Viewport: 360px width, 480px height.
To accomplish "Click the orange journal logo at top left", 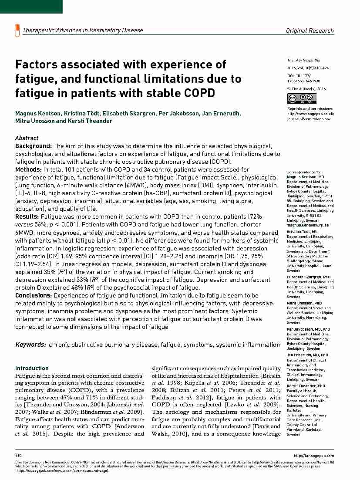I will pyautogui.click(x=17, y=30).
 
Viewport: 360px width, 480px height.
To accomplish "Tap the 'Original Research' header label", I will pyautogui.click(x=310, y=30).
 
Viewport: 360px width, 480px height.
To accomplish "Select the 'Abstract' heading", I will pyautogui.click(x=27, y=138).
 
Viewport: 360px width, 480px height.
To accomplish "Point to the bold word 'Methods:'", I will pyautogui.click(x=28, y=169).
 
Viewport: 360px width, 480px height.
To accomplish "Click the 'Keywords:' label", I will pyautogui.click(x=30, y=345).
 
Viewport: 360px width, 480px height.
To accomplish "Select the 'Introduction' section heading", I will pyautogui.click(x=32, y=368).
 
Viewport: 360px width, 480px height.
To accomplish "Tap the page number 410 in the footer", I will pyautogui.click(x=18, y=456).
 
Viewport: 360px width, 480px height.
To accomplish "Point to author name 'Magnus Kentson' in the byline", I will pyautogui.click(x=38, y=114).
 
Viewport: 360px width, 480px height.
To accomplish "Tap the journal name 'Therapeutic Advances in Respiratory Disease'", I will pyautogui.click(x=83, y=30).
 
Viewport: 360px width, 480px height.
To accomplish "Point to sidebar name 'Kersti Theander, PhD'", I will pyautogui.click(x=306, y=386).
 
